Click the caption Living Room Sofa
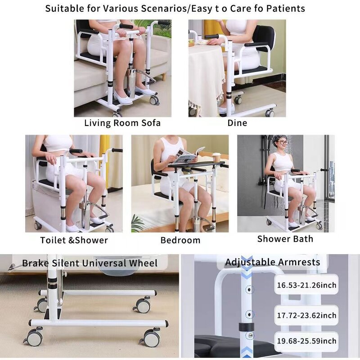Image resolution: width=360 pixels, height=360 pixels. click(122, 123)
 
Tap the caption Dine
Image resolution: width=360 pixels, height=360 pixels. click(237, 123)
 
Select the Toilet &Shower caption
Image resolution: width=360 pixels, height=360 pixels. click(74, 240)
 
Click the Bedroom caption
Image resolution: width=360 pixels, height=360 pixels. click(180, 240)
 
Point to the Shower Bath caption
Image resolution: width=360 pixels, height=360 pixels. click(285, 238)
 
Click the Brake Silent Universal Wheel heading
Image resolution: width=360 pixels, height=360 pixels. click(90, 263)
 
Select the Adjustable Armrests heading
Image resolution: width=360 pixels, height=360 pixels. click(273, 262)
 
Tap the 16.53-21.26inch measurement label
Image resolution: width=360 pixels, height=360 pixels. click(306, 285)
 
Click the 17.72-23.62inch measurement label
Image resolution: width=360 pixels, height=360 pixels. click(306, 315)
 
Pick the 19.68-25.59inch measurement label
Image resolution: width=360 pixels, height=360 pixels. click(306, 342)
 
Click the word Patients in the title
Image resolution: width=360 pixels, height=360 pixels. click(287, 9)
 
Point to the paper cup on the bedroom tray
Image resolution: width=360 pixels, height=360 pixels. click(216, 157)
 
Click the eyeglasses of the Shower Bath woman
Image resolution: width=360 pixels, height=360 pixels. click(282, 143)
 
